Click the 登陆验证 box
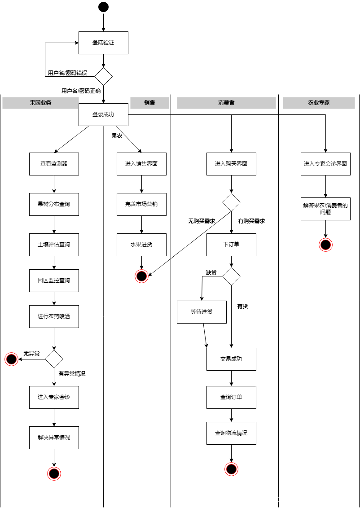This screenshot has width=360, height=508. click(x=103, y=43)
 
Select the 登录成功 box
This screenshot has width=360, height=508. click(x=103, y=114)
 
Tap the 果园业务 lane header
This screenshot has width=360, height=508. click(x=40, y=103)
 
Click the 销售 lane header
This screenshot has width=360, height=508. click(x=149, y=103)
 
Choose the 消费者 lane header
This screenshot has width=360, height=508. click(x=226, y=103)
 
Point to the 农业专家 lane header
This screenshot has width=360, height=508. click(x=319, y=103)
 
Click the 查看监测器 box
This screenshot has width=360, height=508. click(x=54, y=164)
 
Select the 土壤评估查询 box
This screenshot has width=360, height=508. click(x=54, y=245)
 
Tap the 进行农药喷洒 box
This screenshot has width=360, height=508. click(x=54, y=316)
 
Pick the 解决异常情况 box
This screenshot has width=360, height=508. click(x=54, y=438)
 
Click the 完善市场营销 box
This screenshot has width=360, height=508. click(x=141, y=204)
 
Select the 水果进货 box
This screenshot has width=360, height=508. click(x=141, y=245)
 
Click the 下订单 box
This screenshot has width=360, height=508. click(x=231, y=245)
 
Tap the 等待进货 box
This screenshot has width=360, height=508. click(x=202, y=312)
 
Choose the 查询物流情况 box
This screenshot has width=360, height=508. click(x=231, y=433)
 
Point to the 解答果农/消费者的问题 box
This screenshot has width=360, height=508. click(x=325, y=209)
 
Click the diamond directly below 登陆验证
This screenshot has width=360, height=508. click(x=103, y=77)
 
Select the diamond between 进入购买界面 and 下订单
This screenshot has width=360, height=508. click(x=231, y=202)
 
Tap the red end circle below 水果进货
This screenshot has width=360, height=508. click(x=141, y=276)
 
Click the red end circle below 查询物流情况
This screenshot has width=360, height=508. click(x=231, y=469)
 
